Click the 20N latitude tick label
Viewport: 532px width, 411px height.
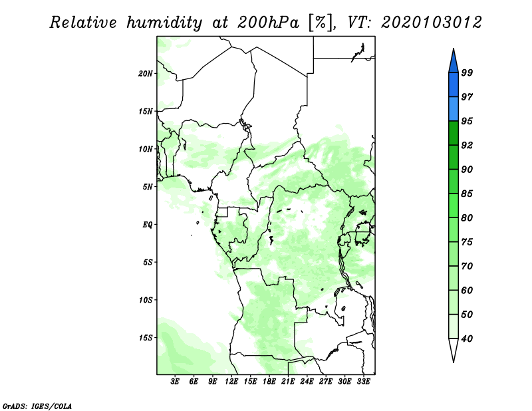(146, 74)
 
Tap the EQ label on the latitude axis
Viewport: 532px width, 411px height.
(148, 225)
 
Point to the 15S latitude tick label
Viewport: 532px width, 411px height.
(146, 338)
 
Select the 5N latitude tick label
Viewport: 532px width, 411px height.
(148, 187)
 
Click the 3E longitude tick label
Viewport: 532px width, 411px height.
(175, 382)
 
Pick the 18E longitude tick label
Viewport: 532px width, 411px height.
(269, 382)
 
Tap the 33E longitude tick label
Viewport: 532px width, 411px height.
(363, 382)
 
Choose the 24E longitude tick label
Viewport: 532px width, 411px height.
(307, 382)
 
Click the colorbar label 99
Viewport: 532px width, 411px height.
(467, 72)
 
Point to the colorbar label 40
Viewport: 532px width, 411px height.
(467, 339)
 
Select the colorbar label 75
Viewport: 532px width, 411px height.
(467, 242)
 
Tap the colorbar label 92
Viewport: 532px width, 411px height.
(467, 145)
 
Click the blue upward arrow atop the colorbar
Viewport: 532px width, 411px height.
(454, 61)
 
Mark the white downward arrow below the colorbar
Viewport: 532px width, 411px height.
(454, 349)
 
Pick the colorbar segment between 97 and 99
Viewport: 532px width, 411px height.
(454, 85)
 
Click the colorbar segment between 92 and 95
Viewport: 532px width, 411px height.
(454, 134)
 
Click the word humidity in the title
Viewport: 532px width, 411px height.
(164, 23)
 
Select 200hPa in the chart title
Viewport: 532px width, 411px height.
(268, 23)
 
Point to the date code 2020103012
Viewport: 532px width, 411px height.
(431, 23)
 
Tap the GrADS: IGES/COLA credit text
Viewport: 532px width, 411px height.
(37, 406)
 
